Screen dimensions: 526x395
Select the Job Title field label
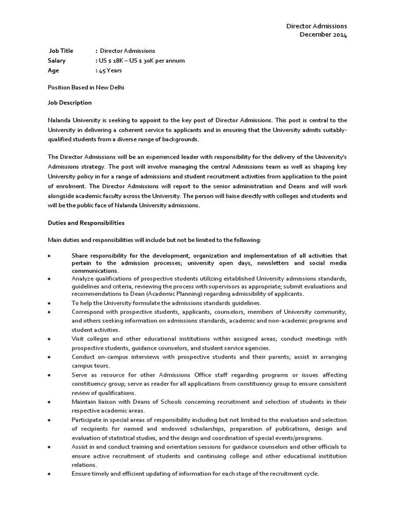(61, 51)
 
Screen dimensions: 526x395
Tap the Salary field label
(57, 61)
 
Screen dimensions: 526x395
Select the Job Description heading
(69, 103)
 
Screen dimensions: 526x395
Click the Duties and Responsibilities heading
(86, 223)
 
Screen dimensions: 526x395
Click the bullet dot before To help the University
(49, 304)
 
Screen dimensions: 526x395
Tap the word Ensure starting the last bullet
(81, 473)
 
